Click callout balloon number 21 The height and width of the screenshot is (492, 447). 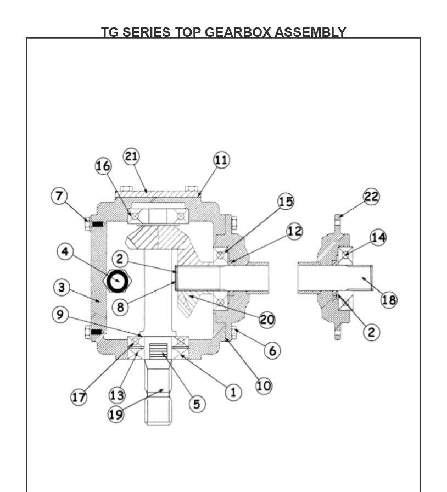pos(131,156)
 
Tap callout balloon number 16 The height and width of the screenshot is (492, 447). pos(103,166)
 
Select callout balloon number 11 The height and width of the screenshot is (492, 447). pos(221,160)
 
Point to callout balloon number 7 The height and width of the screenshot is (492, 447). pos(59,196)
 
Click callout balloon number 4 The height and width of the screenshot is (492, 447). pos(65,251)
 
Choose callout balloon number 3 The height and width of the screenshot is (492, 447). pos(62,287)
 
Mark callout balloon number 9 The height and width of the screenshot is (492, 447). pos(60,315)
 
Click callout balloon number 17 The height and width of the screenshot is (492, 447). pos(79,397)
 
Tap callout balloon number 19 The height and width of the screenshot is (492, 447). pos(115,414)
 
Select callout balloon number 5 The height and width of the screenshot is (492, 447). pos(197,404)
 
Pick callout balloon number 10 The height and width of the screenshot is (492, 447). pos(264,386)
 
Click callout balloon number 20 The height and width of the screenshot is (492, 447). pos(267,320)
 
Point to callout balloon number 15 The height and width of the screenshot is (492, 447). pos(286,202)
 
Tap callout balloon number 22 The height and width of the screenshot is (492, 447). pos(371,197)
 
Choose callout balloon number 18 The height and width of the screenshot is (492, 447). pos(389,300)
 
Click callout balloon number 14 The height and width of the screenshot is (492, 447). pos(378,238)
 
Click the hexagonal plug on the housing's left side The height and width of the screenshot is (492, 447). pos(117,282)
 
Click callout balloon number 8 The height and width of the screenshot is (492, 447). pos(120,307)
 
